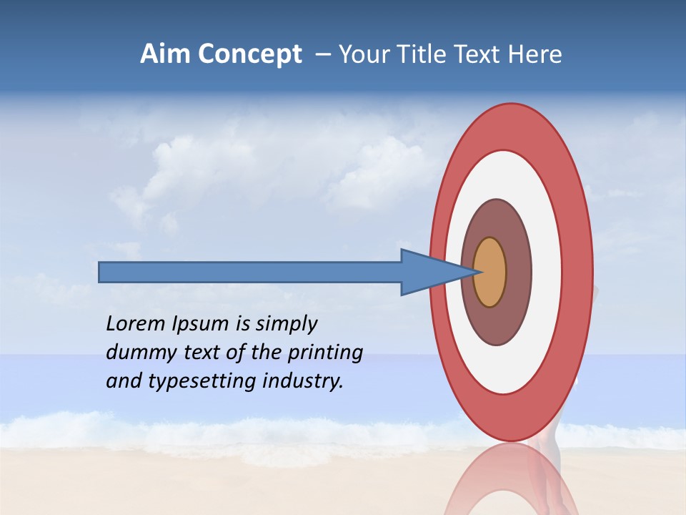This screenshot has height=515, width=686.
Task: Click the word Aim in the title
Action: (165, 54)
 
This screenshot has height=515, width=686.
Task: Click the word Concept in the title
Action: (249, 54)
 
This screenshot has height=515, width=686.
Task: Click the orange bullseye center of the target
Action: (489, 272)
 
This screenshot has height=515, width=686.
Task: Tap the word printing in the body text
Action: (325, 353)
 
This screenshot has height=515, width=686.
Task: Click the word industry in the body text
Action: (303, 381)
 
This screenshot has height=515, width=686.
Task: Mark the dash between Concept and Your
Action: (323, 54)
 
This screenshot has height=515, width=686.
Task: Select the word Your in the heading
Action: (363, 54)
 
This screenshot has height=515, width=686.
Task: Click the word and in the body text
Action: (124, 381)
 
